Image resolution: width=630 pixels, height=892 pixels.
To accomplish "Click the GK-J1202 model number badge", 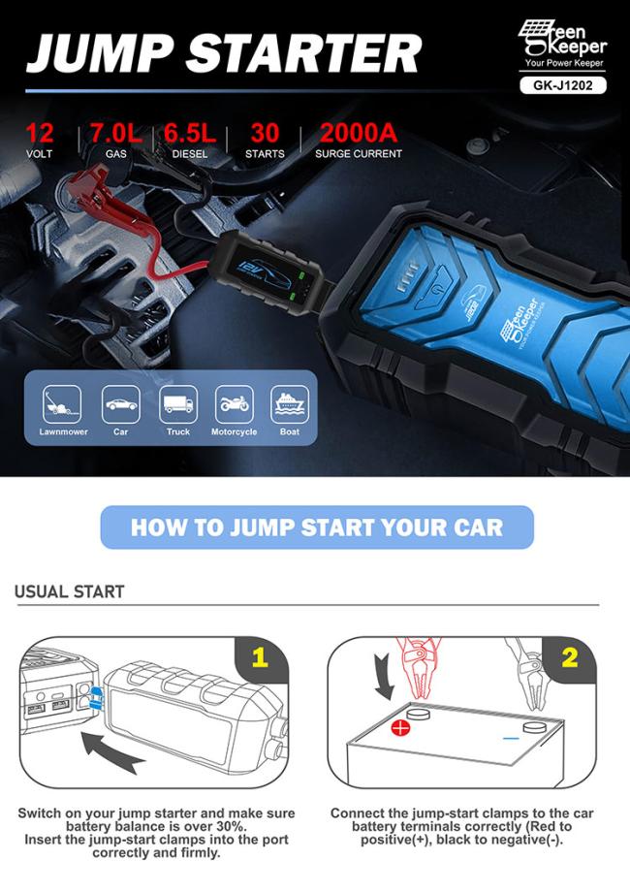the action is [563, 85].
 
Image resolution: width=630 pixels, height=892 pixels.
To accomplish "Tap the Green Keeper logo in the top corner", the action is [562, 44].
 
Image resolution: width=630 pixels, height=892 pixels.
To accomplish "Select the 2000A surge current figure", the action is [359, 133].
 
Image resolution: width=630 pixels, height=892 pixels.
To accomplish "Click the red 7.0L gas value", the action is [116, 133].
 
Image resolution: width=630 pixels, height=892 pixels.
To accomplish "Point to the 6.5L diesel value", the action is [190, 133].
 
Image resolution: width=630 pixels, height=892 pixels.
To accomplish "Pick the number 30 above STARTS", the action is [265, 133].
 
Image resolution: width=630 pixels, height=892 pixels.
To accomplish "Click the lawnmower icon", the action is [62, 404].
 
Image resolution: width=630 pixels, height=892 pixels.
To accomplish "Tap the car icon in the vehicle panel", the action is [120, 404].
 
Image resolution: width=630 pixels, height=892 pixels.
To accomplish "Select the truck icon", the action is [178, 404].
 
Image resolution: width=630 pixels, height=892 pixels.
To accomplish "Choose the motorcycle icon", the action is [235, 404].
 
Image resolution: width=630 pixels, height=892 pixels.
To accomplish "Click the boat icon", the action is [290, 404].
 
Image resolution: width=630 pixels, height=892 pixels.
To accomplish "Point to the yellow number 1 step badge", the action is [261, 657].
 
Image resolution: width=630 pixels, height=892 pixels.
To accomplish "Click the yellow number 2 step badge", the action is [570, 657].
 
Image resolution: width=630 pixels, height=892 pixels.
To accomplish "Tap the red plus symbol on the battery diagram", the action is [401, 727].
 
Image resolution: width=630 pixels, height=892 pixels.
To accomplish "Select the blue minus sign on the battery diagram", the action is [511, 739].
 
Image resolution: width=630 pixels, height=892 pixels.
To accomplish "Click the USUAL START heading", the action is [70, 591].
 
